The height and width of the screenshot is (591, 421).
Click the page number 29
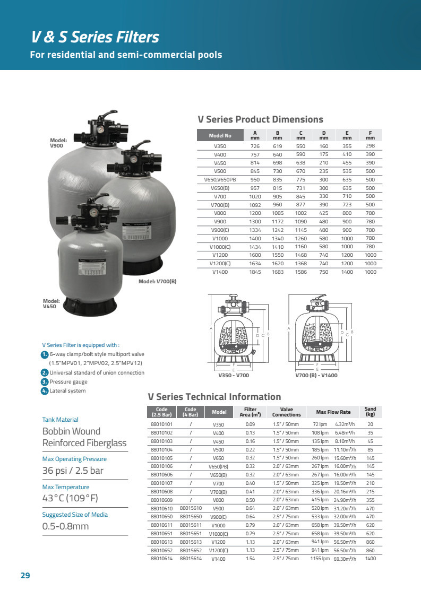[x=25, y=576]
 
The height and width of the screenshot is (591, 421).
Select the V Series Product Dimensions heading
[x=260, y=119]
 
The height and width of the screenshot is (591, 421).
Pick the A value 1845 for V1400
[x=255, y=272]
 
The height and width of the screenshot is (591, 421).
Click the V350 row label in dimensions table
[x=220, y=146]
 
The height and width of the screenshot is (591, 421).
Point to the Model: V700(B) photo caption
[x=157, y=281]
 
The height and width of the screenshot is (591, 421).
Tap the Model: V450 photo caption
[x=51, y=303]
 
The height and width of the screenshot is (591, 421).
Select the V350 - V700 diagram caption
[x=234, y=375]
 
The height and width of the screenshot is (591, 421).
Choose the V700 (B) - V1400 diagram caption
[x=316, y=375]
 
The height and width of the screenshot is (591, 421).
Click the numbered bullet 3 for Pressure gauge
[x=45, y=381]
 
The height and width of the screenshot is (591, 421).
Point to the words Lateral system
[x=67, y=391]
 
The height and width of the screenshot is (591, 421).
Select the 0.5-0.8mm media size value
[x=65, y=527]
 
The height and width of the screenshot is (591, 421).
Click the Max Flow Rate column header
[x=333, y=412]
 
